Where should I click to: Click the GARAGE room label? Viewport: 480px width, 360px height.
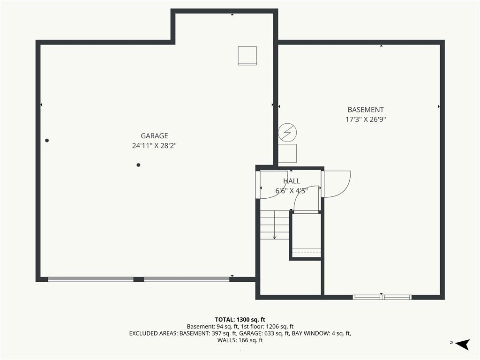[x=154, y=135]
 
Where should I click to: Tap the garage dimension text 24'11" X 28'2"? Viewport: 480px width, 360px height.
[x=154, y=146]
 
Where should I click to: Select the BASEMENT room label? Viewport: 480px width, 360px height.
[x=366, y=110]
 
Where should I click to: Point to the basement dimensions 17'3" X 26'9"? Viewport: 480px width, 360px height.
[x=366, y=120]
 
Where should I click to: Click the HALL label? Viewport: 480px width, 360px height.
[x=292, y=181]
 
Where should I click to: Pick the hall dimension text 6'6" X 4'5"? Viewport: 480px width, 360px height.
[x=292, y=191]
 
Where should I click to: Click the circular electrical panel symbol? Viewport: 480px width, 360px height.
[x=287, y=133]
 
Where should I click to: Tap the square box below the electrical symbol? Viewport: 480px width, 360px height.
[x=287, y=153]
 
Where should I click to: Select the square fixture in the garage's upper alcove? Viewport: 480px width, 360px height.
[x=247, y=56]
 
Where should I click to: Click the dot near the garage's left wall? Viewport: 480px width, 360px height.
[x=47, y=141]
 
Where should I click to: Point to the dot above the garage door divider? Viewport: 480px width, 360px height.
[x=138, y=165]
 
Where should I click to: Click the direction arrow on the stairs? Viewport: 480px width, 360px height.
[x=275, y=225]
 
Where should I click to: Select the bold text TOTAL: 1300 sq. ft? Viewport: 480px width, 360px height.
[x=240, y=320]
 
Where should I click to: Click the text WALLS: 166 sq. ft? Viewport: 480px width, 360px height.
[x=240, y=340]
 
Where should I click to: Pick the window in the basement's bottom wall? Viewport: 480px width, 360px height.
[x=382, y=297]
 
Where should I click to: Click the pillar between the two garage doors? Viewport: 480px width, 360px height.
[x=139, y=279]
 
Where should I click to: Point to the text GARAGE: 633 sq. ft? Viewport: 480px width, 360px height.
[x=264, y=333]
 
